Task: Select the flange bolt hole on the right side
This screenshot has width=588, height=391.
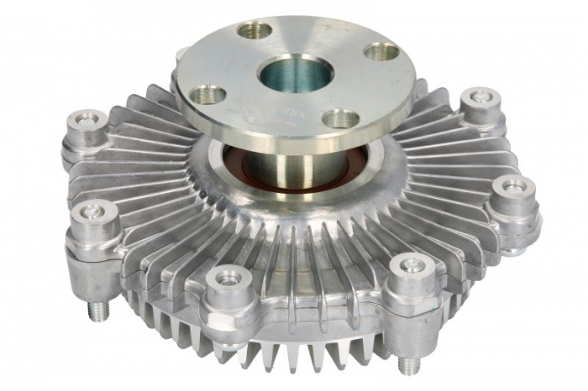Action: point(381,51)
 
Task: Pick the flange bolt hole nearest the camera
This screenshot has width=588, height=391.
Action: point(340,118)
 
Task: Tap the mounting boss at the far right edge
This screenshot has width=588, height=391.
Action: point(513,191)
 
